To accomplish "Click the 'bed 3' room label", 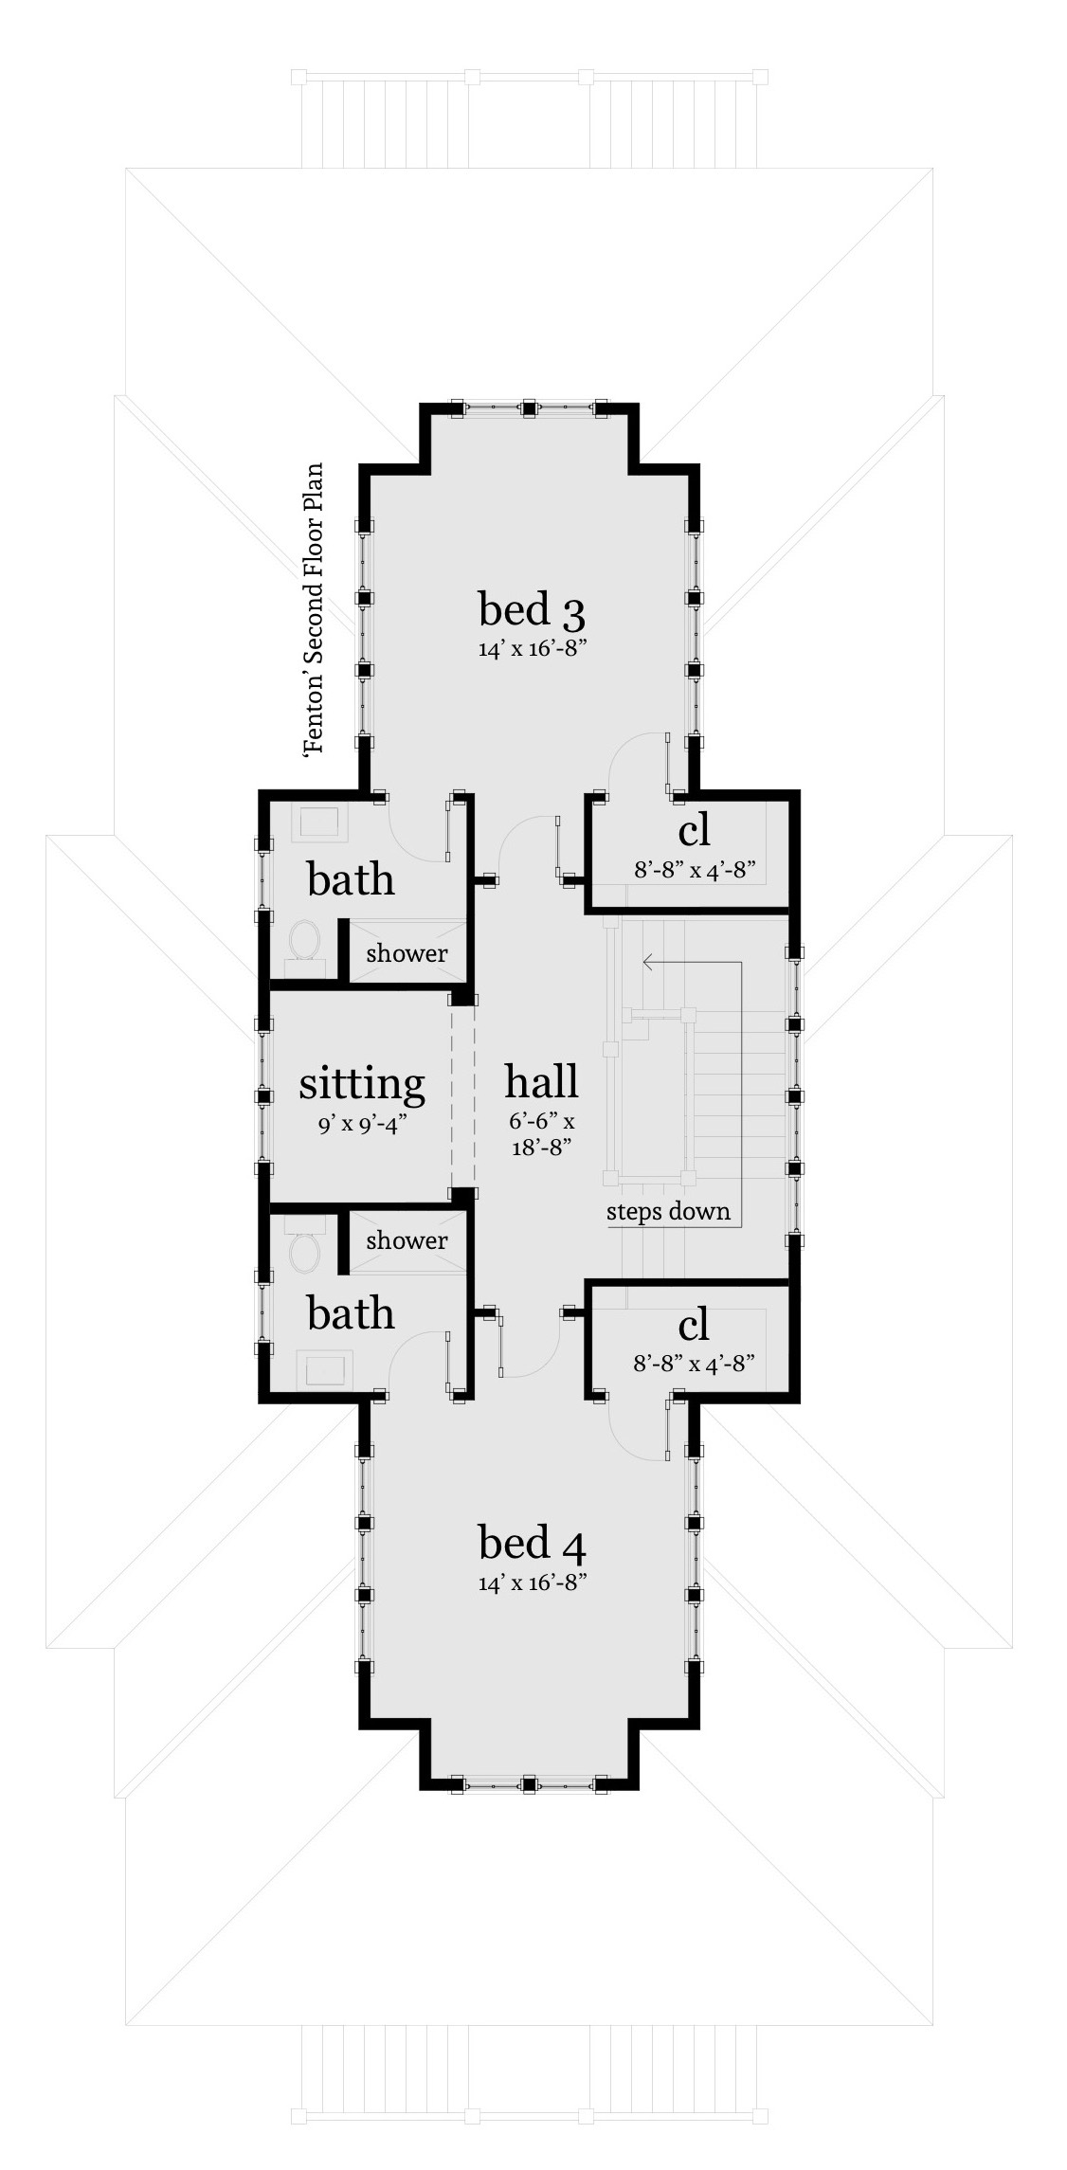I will click(532, 609).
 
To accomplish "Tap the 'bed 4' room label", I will click(532, 1543).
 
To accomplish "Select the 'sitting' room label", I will click(361, 1084).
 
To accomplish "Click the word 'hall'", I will click(541, 1081).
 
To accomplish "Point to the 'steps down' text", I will click(668, 1211).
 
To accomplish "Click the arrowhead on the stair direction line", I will click(648, 963).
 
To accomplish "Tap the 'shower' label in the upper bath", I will click(407, 952).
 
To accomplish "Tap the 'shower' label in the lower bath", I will click(407, 1239).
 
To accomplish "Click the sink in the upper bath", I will click(318, 823).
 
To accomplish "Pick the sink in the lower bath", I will click(325, 1369).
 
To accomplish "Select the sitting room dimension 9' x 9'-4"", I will click(363, 1125).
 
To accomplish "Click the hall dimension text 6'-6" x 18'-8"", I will click(541, 1134).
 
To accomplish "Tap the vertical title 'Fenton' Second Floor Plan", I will click(314, 607).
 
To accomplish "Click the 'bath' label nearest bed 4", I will click(351, 1313).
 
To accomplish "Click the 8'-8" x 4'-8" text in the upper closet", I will click(694, 869).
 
